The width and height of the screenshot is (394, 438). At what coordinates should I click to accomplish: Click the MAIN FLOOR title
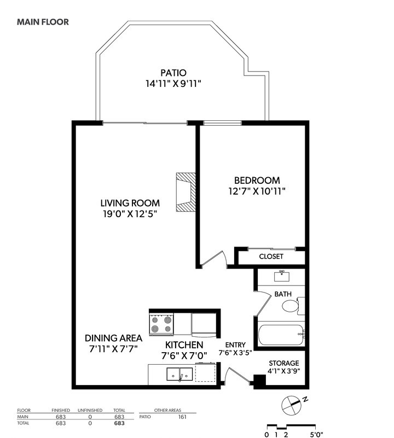(x=43, y=22)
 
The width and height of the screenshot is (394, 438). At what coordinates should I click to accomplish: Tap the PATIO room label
(x=173, y=73)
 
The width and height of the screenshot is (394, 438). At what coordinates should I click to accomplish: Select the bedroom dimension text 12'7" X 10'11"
(x=257, y=191)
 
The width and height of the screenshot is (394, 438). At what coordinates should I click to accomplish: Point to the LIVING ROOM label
(x=130, y=203)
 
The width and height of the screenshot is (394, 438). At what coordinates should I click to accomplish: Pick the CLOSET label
(x=271, y=256)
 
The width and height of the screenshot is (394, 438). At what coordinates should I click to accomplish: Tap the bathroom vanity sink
(x=282, y=276)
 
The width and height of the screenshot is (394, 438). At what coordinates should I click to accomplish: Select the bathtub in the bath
(x=281, y=335)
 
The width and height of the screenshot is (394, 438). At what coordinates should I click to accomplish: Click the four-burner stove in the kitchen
(x=161, y=324)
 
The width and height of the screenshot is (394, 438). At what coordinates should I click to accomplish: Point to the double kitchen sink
(x=179, y=375)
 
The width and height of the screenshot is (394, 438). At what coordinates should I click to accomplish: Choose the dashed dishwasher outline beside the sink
(x=205, y=372)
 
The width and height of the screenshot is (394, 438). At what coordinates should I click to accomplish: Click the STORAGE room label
(x=284, y=363)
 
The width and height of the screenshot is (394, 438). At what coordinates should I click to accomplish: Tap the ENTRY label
(x=235, y=345)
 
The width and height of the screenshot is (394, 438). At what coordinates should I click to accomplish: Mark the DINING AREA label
(x=113, y=338)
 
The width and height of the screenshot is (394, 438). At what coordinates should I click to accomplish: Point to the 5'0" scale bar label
(x=316, y=434)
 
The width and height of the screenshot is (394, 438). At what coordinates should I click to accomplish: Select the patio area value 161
(x=182, y=417)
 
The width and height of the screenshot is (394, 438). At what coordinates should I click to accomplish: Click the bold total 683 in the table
(x=119, y=423)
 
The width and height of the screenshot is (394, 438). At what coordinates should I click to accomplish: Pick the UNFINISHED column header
(x=90, y=410)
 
